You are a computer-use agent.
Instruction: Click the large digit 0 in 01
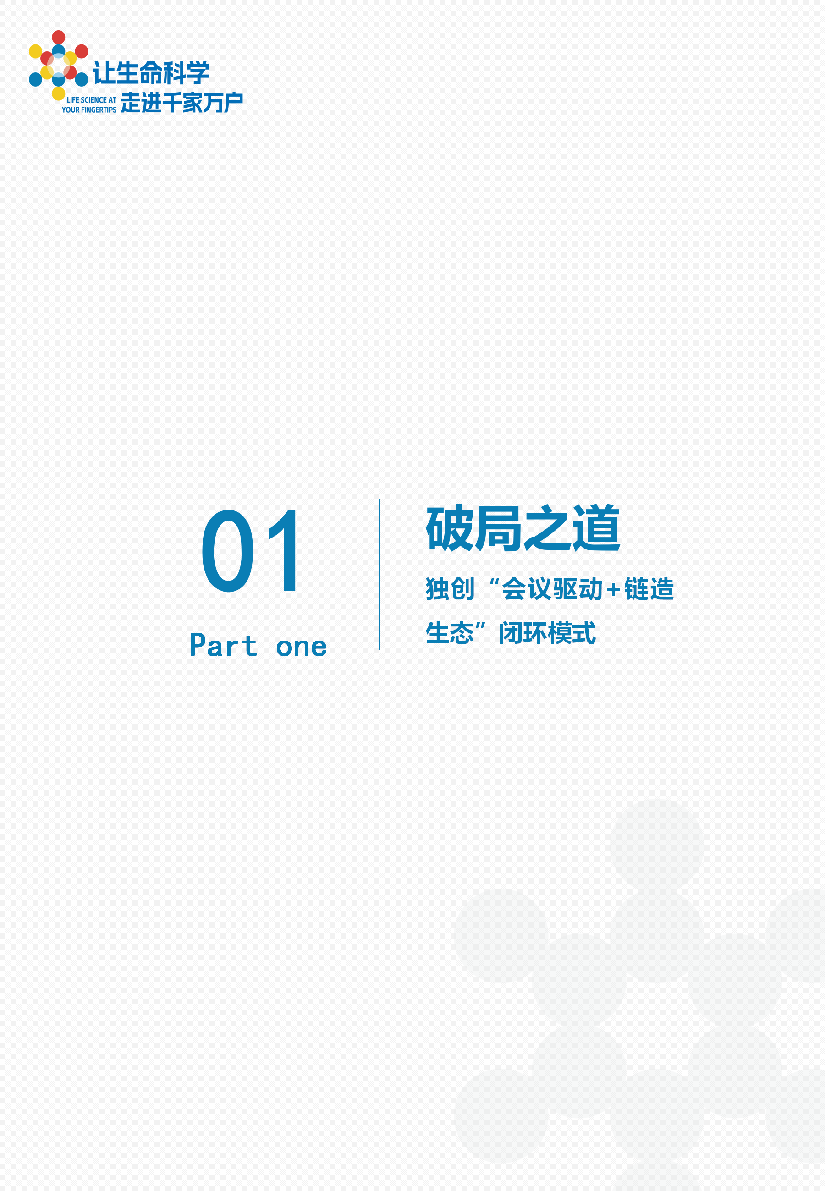227,550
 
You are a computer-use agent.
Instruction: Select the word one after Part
302,647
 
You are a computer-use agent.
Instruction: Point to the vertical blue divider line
379,574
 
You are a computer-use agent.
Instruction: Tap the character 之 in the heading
547,527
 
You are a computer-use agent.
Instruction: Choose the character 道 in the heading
596,527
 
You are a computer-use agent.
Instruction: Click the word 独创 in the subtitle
450,589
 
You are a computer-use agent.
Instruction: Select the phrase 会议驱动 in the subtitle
552,589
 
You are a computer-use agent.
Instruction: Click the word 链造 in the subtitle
649,589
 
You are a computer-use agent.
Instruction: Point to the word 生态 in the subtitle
450,633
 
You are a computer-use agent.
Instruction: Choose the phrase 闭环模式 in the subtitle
547,633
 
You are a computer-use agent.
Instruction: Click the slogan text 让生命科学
151,73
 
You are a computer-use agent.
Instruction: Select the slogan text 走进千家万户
181,103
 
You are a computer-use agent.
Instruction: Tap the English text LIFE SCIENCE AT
91,100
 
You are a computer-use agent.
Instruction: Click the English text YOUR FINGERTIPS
89,110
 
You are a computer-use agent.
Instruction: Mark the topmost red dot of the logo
58,37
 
